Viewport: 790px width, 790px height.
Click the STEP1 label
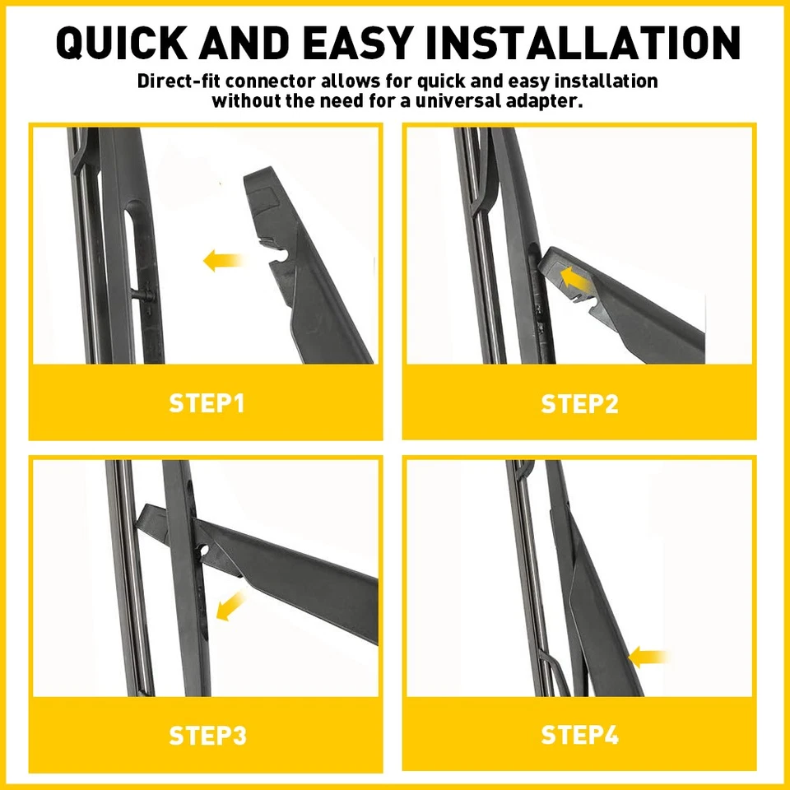pos(207,404)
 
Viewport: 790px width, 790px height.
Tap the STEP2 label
pos(579,404)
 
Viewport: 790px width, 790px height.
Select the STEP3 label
pos(207,735)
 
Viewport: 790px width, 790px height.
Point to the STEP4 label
pos(579,735)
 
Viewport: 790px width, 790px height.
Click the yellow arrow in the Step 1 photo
pos(223,262)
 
